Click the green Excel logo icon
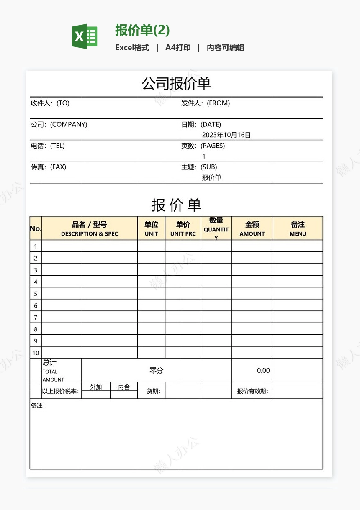tap(85, 36)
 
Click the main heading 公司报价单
tap(176, 84)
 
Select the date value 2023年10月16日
tap(226, 135)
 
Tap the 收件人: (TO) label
tap(50, 103)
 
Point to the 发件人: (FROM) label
tap(206, 103)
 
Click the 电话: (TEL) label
tap(48, 146)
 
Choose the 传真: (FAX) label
tap(49, 167)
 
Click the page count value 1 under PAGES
tap(204, 156)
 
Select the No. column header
tap(36, 228)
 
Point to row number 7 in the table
tap(36, 317)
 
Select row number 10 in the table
tap(36, 353)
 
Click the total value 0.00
tap(263, 370)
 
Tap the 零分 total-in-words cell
tap(157, 370)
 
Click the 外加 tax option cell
tap(96, 387)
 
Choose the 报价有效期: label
tap(252, 392)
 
